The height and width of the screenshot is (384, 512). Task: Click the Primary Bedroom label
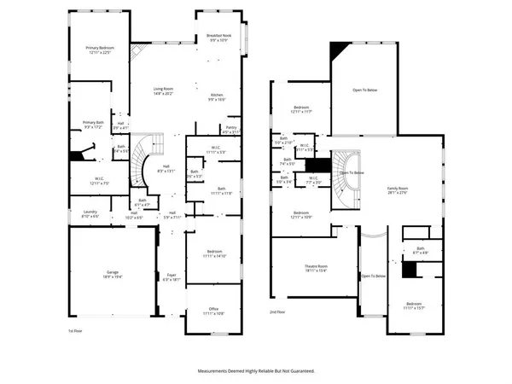100,49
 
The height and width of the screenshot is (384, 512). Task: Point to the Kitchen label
217,96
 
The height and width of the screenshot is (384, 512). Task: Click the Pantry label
230,127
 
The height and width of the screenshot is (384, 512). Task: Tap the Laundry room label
90,212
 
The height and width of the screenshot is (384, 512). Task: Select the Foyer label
172,275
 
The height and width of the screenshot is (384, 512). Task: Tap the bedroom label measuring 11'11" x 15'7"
414,305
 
